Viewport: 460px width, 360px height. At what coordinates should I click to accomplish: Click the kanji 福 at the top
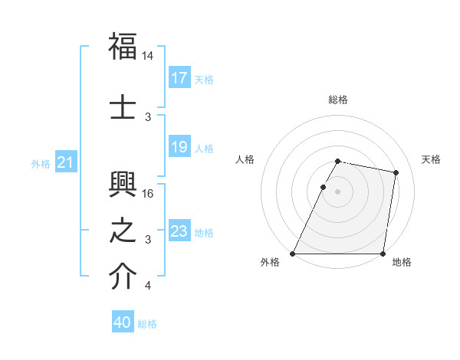pyautogui.click(x=123, y=47)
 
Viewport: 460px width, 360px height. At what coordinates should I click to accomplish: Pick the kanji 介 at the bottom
pyautogui.click(x=123, y=277)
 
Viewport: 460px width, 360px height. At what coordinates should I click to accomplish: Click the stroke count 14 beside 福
pyautogui.click(x=148, y=56)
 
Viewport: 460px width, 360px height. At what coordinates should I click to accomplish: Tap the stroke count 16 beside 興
pyautogui.click(x=148, y=194)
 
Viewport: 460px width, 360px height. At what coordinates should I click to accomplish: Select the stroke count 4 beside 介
pyautogui.click(x=148, y=286)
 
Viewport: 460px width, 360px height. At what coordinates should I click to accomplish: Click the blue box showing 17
pyautogui.click(x=179, y=78)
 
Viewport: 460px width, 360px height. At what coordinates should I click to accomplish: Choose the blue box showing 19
pyautogui.click(x=179, y=147)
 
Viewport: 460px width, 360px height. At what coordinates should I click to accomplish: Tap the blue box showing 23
pyautogui.click(x=179, y=231)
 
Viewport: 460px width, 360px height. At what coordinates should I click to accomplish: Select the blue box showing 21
pyautogui.click(x=65, y=162)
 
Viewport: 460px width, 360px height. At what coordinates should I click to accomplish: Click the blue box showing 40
pyautogui.click(x=123, y=322)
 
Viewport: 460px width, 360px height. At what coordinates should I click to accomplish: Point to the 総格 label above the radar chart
pyautogui.click(x=338, y=100)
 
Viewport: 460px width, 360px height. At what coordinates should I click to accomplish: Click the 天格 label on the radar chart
pyautogui.click(x=432, y=159)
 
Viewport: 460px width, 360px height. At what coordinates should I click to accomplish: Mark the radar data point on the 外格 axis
pyautogui.click(x=293, y=254)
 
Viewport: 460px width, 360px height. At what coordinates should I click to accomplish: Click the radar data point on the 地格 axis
pyautogui.click(x=383, y=254)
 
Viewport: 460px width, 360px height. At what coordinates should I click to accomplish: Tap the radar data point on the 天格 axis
pyautogui.click(x=396, y=173)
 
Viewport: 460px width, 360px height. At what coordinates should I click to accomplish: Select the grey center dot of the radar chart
pyautogui.click(x=337, y=191)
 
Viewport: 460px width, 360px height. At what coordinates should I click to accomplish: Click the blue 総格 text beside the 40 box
pyautogui.click(x=148, y=324)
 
